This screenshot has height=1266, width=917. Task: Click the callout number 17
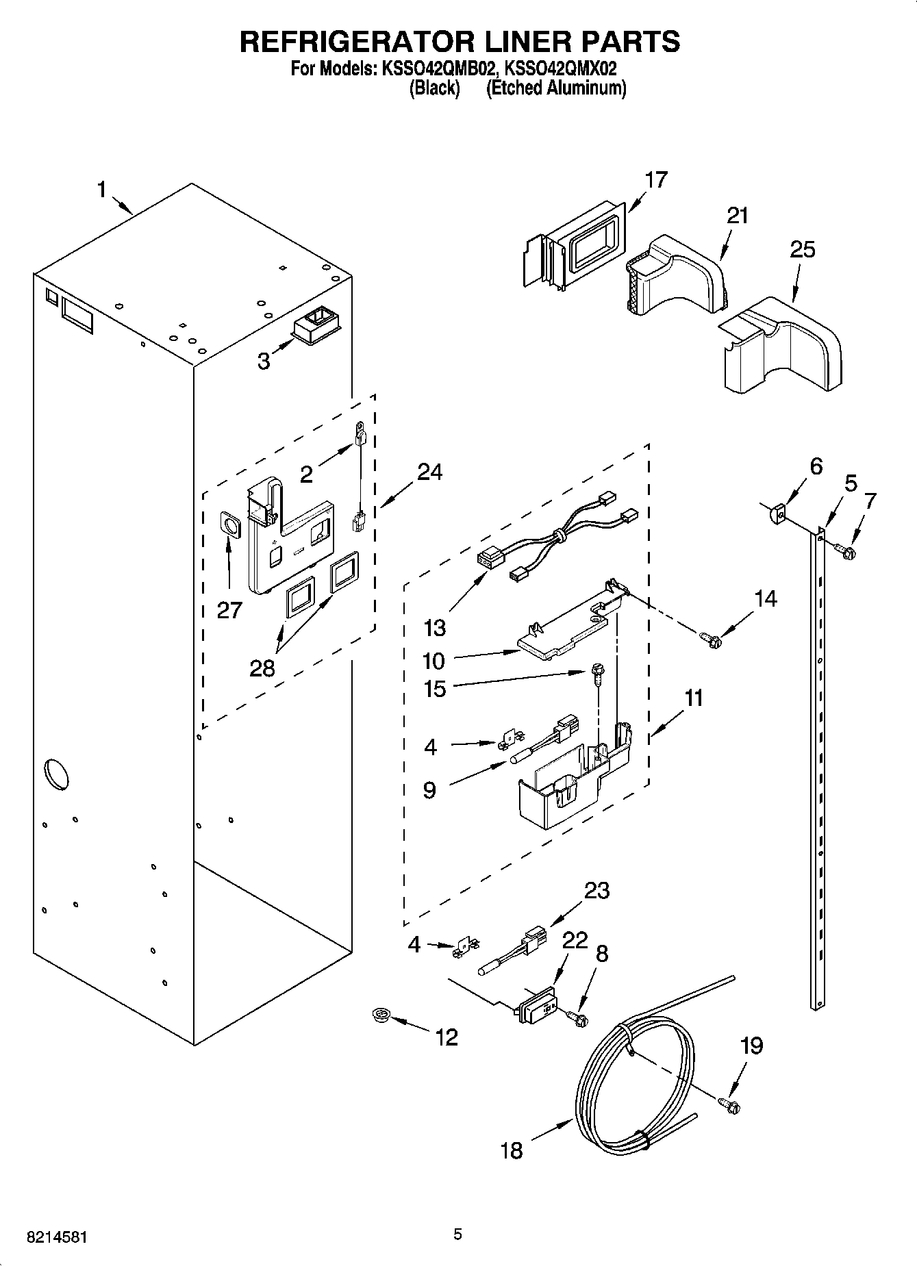pos(655,180)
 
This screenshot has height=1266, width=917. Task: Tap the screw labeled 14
pos(710,640)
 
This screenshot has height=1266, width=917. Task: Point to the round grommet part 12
pos(377,1015)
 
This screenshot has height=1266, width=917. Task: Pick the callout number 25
pos(803,249)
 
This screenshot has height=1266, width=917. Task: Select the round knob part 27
pos(229,526)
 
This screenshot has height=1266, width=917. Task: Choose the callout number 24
pos(429,472)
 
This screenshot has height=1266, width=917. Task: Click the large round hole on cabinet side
pos(56,774)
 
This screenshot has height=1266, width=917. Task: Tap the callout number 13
pos(434,627)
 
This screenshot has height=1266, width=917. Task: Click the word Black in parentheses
pos(434,88)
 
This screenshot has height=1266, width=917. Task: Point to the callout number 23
pos(596,890)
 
